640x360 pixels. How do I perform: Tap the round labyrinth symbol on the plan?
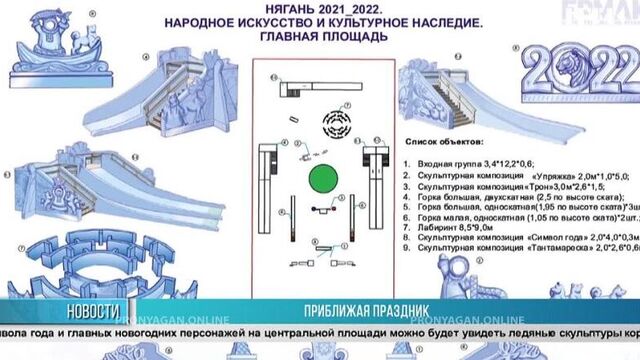336,127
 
